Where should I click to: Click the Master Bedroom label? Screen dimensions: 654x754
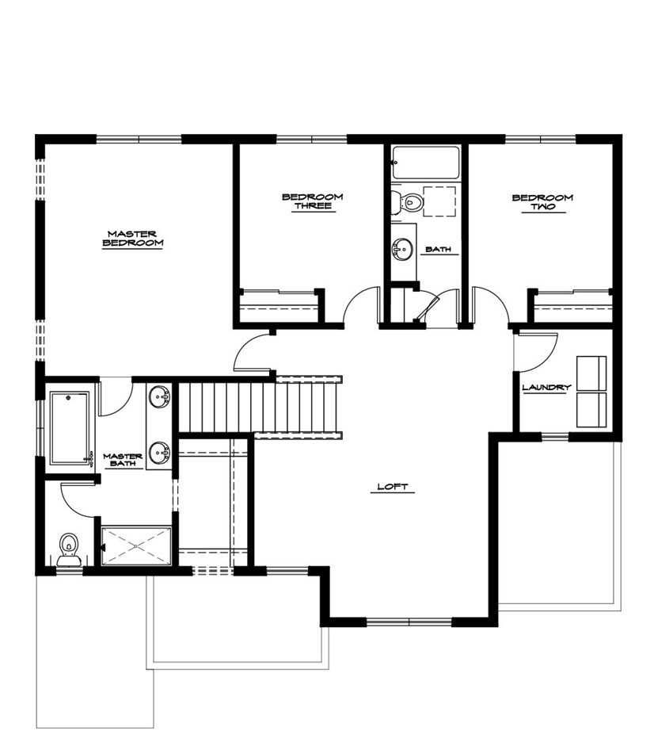(x=132, y=239)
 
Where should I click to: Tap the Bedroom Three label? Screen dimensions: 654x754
(x=313, y=201)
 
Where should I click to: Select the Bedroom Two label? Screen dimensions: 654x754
(x=542, y=202)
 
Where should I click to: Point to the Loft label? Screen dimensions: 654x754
(x=392, y=487)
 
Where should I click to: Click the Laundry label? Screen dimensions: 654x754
(x=546, y=387)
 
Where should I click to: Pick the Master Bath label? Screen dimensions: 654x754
(x=123, y=460)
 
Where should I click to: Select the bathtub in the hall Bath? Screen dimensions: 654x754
(x=426, y=163)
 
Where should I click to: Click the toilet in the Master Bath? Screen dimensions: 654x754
(x=69, y=549)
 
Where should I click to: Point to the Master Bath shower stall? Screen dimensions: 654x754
(x=136, y=545)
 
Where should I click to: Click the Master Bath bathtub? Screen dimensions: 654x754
(x=70, y=428)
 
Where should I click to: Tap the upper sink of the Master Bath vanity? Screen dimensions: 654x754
(x=159, y=396)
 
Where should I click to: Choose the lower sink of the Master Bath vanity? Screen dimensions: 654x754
(x=159, y=453)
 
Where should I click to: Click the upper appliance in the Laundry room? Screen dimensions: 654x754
(x=591, y=373)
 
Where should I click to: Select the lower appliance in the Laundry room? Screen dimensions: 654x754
(x=591, y=410)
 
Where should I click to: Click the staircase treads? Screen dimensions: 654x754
(x=260, y=407)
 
